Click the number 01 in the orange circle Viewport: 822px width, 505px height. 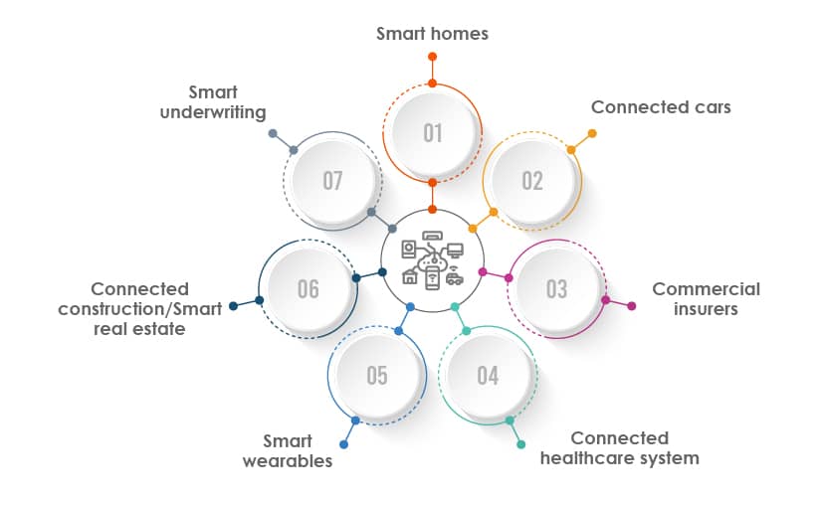(432, 132)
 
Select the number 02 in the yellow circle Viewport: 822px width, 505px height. (532, 181)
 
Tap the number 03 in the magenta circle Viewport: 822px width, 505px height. (556, 288)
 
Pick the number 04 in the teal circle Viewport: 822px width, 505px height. (487, 376)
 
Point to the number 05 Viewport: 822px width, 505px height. (376, 376)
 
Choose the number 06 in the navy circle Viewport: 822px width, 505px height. (308, 288)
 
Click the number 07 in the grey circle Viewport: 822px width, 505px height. (332, 181)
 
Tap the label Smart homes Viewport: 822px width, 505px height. (432, 33)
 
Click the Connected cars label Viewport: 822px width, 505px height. (661, 106)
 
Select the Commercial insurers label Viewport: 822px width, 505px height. (706, 298)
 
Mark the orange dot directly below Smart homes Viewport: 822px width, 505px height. (432, 57)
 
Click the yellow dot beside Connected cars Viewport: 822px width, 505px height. (592, 133)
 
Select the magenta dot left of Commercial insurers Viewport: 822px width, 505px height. (631, 306)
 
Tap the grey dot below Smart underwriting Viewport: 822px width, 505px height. (273, 133)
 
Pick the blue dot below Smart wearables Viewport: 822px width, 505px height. (343, 444)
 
